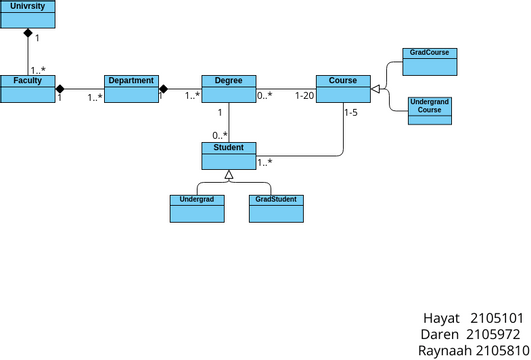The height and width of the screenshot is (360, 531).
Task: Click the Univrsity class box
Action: [x=28, y=13]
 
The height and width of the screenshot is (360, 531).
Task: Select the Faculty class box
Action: [x=28, y=88]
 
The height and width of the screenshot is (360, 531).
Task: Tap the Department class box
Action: [x=131, y=88]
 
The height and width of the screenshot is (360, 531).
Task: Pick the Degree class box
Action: [x=229, y=88]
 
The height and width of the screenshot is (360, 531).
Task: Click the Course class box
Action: [x=343, y=88]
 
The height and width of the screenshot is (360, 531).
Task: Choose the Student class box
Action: [x=229, y=155]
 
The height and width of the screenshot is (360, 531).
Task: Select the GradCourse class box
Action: [x=429, y=60]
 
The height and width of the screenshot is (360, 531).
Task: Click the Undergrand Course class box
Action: [x=429, y=110]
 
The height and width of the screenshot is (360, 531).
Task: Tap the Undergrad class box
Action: [x=196, y=207]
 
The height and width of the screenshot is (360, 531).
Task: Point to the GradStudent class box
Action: [x=275, y=207]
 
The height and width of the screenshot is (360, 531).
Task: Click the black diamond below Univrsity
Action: [x=28, y=33]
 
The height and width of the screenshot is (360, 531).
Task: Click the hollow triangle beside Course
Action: [x=376, y=89]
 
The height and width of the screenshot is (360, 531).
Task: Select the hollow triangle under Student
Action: [x=229, y=175]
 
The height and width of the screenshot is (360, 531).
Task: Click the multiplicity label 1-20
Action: [x=304, y=96]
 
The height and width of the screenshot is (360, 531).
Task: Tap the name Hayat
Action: [x=442, y=319]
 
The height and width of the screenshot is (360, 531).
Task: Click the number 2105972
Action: [x=494, y=335]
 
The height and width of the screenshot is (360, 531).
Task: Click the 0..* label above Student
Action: [x=219, y=135]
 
